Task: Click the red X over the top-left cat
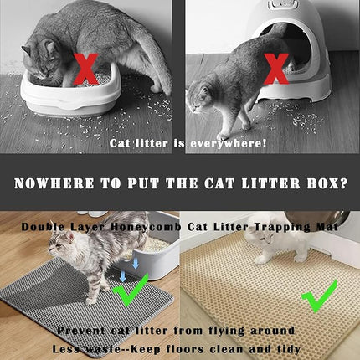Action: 85,69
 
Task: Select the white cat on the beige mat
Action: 269,244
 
